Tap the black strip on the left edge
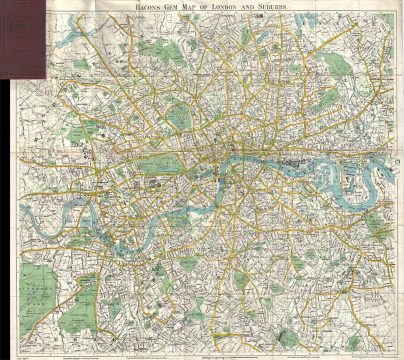pos(3,200)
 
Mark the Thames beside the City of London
pos(240,160)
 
